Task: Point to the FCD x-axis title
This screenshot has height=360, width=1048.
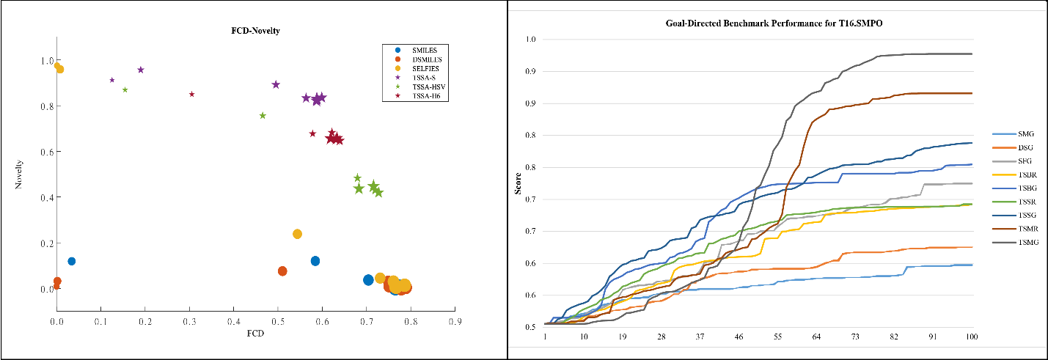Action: (x=255, y=334)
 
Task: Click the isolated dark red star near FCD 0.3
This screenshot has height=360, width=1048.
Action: (x=191, y=94)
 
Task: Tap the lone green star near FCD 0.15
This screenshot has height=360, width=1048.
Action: (x=125, y=89)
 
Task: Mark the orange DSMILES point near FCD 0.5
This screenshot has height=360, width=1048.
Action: (x=282, y=271)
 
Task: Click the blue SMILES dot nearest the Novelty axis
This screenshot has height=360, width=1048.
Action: (x=72, y=261)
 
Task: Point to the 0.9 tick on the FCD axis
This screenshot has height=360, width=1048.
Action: (x=455, y=321)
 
